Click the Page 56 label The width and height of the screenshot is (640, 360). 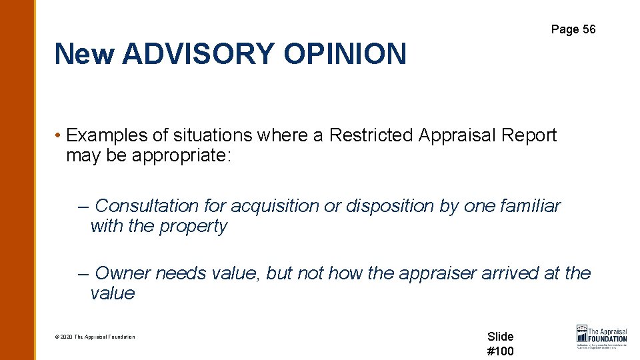click(573, 29)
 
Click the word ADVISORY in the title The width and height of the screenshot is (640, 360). click(198, 54)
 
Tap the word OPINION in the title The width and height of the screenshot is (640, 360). click(345, 54)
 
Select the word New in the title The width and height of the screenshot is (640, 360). click(85, 54)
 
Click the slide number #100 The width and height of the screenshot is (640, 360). click(501, 351)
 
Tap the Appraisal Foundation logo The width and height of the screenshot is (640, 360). click(601, 337)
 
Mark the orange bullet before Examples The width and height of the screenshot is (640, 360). click(59, 136)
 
